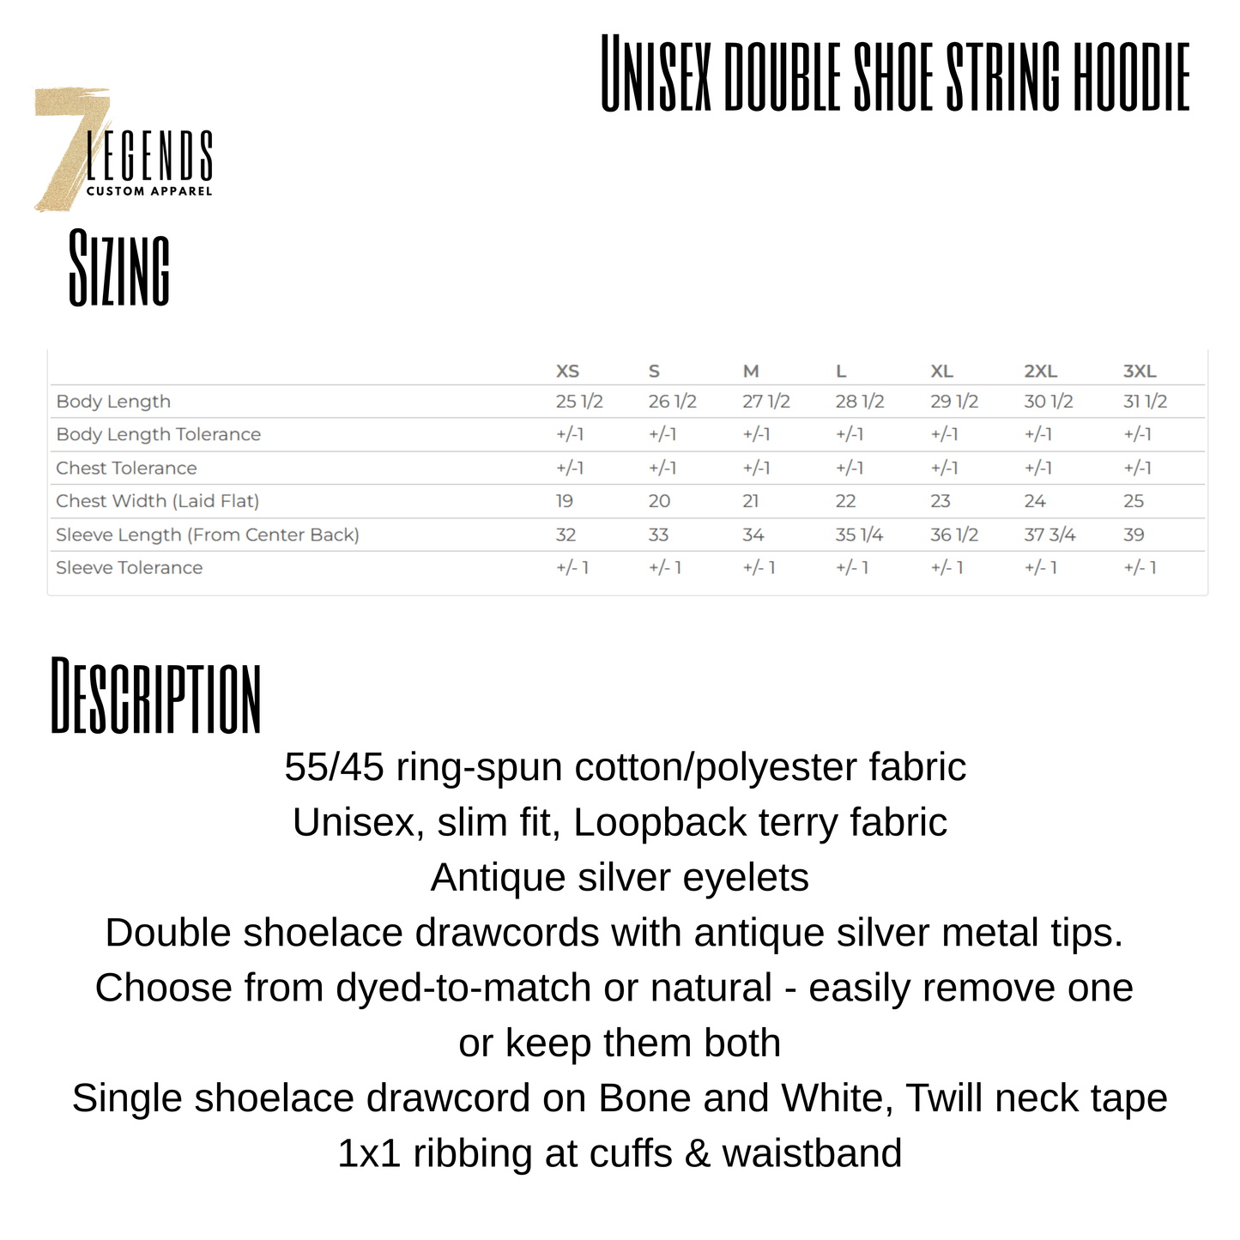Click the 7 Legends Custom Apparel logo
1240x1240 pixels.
[123, 150]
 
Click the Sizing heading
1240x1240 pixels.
[119, 268]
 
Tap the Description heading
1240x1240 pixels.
[155, 696]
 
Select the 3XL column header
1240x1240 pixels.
[1140, 372]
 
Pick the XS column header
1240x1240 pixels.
[567, 372]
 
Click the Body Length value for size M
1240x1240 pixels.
[765, 402]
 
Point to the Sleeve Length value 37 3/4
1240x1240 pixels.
[1049, 535]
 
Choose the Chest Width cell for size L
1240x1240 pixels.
[845, 501]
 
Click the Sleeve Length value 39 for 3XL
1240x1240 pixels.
[1134, 535]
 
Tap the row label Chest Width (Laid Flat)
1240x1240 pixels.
[157, 501]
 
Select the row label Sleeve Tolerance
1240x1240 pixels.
[129, 568]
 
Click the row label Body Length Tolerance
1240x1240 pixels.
[158, 435]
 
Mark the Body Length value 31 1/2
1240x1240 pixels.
[1145, 402]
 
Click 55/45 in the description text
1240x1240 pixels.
[334, 767]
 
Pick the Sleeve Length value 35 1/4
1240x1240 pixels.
[859, 535]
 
